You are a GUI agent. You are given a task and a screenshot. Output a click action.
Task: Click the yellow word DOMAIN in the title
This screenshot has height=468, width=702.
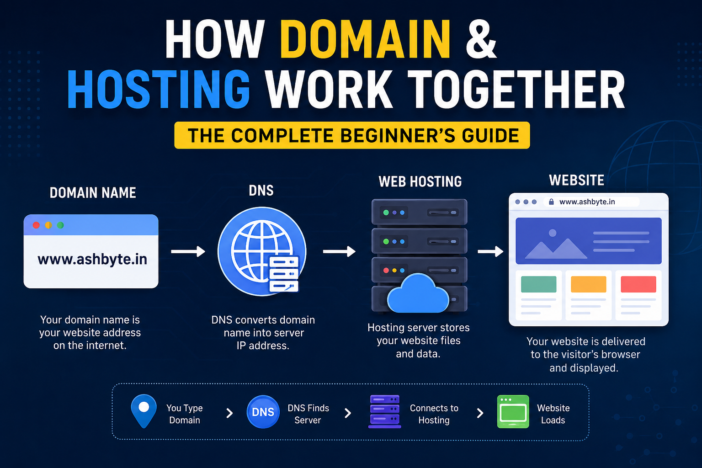[365, 39]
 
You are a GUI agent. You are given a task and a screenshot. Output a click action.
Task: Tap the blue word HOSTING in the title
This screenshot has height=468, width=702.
[159, 89]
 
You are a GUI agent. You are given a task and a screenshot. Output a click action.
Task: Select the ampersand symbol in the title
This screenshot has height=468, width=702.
[481, 39]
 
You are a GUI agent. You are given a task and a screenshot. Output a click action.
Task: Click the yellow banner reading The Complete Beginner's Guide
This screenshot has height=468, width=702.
[352, 135]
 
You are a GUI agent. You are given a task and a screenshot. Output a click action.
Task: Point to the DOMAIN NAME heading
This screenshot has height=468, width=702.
[93, 193]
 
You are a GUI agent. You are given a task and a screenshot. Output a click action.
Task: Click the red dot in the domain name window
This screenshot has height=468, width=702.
[37, 225]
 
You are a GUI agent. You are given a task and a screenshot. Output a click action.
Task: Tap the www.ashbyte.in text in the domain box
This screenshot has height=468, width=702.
[92, 260]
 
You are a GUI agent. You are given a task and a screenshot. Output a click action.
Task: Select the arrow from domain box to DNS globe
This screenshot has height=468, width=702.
[188, 251]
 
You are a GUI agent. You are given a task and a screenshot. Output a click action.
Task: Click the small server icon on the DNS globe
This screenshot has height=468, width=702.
[284, 274]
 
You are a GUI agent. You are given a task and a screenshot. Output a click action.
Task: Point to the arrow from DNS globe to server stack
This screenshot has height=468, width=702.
[340, 251]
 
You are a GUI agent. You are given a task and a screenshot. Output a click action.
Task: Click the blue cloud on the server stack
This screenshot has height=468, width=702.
[418, 294]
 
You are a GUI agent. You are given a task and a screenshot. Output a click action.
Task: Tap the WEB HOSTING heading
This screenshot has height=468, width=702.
[420, 182]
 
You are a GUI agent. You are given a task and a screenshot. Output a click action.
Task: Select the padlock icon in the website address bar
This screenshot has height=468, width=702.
[551, 202]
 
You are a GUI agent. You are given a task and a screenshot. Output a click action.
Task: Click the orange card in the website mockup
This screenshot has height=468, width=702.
[588, 284]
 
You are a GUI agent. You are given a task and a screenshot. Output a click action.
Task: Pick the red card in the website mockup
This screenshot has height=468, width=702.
[638, 284]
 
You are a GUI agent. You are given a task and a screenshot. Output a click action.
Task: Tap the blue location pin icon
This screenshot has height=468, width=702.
[144, 411]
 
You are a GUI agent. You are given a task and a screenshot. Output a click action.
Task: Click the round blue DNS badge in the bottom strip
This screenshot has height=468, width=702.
[263, 412]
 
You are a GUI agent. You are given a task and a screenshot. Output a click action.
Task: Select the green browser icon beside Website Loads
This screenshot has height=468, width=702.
[513, 412]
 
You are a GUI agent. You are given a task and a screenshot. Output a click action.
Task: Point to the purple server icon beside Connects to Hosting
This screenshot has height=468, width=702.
[384, 412]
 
